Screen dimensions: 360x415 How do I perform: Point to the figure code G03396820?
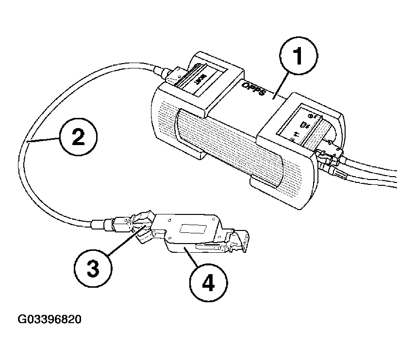tap(50, 320)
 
